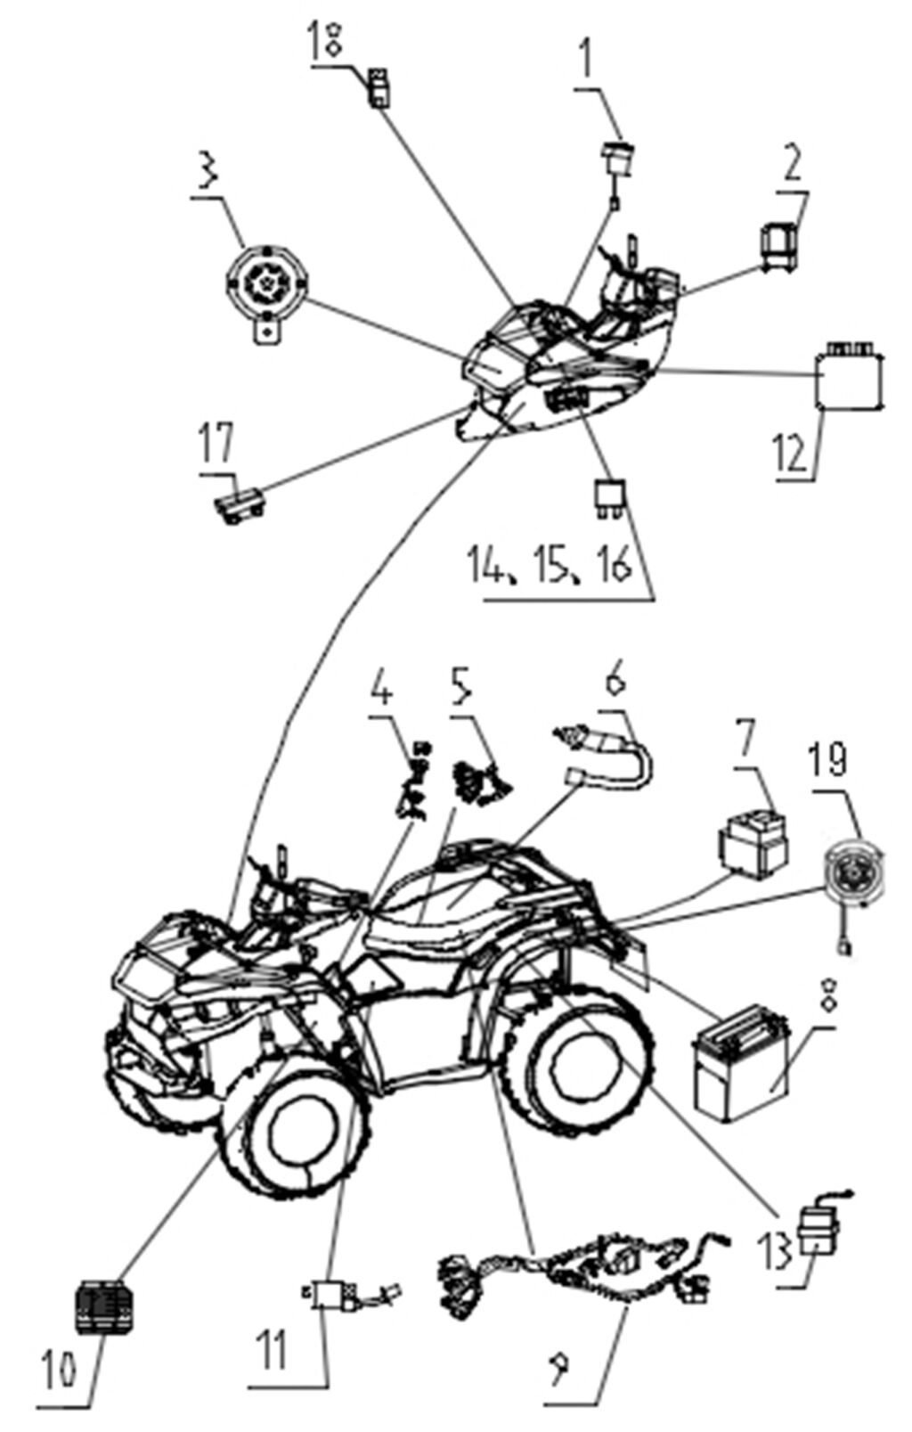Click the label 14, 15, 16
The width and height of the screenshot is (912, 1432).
550,565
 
